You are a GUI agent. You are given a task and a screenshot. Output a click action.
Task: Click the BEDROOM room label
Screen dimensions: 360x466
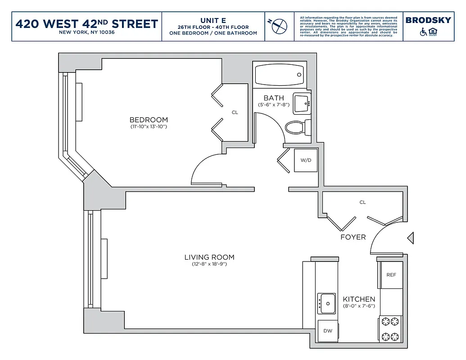click(149, 120)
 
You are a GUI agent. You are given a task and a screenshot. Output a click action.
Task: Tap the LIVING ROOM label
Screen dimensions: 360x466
click(209, 257)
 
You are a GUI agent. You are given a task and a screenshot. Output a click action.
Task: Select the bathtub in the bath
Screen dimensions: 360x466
click(279, 75)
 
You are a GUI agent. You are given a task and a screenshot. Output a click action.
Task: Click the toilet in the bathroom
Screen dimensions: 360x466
click(297, 127)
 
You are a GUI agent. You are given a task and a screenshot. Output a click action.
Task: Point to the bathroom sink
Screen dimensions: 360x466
click(301, 103)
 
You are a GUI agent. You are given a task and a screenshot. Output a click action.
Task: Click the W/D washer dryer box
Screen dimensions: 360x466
click(306, 160)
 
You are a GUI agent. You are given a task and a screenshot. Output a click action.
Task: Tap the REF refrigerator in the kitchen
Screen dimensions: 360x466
click(391, 274)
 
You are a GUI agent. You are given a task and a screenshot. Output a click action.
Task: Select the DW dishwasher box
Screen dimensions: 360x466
click(328, 331)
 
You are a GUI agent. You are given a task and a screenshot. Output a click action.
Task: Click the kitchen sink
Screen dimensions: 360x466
click(326, 303)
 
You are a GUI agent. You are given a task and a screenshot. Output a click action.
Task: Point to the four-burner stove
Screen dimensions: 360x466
click(390, 328)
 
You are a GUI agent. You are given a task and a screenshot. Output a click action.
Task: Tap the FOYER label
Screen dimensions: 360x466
click(353, 237)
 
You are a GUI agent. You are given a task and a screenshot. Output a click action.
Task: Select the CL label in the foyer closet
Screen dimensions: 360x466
click(362, 202)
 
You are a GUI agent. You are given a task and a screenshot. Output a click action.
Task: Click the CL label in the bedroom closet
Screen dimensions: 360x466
click(235, 112)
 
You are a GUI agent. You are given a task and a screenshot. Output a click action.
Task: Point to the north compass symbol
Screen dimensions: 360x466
click(276, 26)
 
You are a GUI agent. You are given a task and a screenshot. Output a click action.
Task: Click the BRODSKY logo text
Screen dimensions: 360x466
click(428, 20)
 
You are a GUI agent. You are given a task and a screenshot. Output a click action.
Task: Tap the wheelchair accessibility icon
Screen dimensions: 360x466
click(423, 32)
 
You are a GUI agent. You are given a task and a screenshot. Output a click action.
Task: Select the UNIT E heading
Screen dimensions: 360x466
click(213, 20)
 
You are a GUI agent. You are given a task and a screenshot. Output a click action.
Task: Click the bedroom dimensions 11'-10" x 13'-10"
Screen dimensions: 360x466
click(149, 127)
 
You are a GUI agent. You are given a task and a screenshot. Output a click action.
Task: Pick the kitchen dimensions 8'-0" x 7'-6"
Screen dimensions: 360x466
click(358, 306)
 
